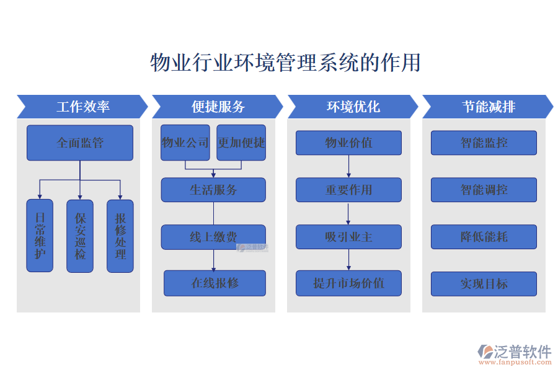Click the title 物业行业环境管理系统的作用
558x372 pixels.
coord(285,63)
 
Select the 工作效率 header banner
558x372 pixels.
coord(82,107)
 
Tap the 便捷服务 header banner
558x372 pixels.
coord(218,107)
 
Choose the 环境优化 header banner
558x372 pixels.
coord(353,107)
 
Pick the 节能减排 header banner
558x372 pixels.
coord(488,107)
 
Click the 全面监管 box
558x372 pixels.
coord(80,143)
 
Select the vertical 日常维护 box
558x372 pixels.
coord(40,236)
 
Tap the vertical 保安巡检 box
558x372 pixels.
coord(80,236)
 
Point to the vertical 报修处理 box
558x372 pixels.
coord(120,236)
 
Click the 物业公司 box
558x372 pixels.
coord(185,143)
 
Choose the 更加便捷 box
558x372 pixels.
coord(241,143)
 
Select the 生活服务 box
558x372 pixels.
coord(213,190)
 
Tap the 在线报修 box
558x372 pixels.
coord(215,283)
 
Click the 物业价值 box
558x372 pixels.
coord(348,143)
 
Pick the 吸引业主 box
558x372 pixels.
coord(348,237)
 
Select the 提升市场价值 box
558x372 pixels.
coord(348,283)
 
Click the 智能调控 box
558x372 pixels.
coord(484,190)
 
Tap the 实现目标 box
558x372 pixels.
coord(484,283)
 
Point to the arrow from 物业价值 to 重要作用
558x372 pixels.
coord(348,166)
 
